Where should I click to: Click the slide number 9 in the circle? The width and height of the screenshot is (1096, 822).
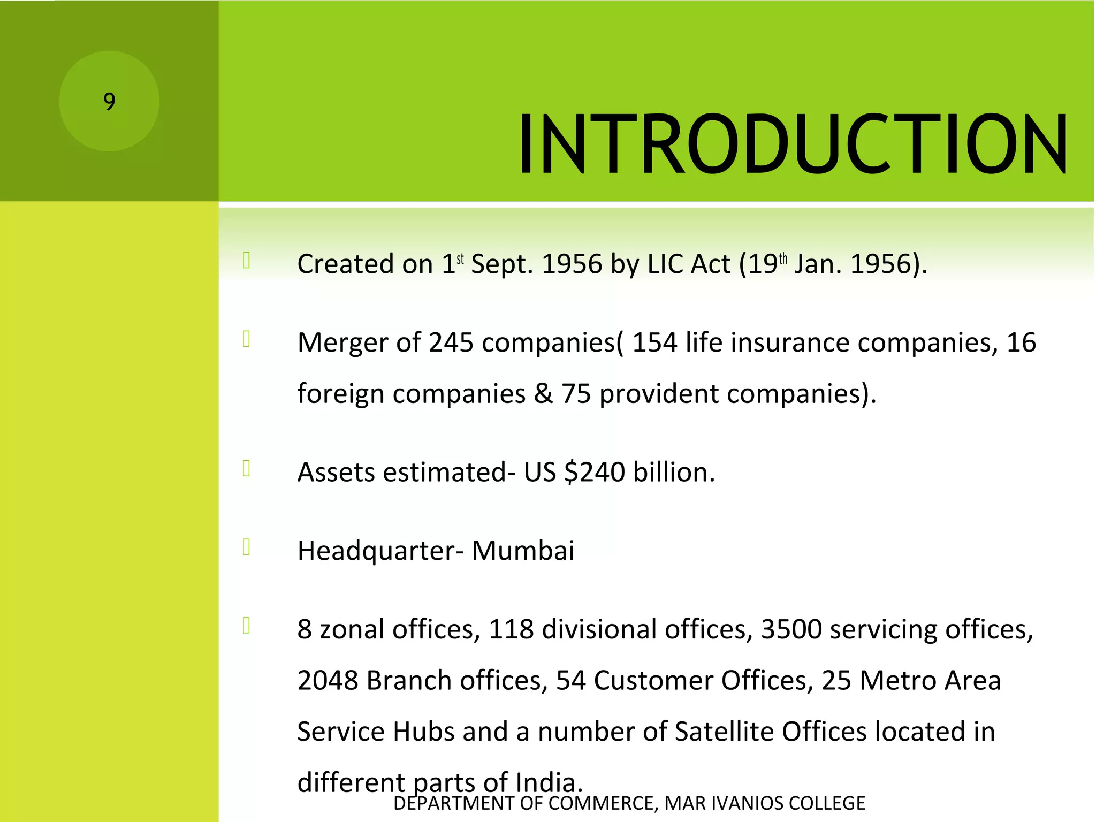click(109, 101)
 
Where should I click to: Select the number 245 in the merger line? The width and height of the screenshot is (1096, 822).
click(451, 342)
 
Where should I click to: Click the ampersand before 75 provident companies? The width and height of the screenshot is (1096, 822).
click(543, 394)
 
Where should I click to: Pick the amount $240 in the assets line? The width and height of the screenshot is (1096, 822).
click(595, 472)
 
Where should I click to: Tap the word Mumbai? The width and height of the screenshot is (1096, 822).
click(523, 551)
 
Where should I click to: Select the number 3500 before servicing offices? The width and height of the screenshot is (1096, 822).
click(791, 629)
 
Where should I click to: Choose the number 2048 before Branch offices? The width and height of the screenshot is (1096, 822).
click(328, 680)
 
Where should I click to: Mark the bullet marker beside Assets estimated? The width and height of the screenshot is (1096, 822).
click(246, 469)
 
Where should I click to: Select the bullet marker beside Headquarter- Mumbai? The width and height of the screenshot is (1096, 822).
click(246, 547)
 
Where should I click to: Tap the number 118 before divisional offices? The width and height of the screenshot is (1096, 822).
click(511, 629)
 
